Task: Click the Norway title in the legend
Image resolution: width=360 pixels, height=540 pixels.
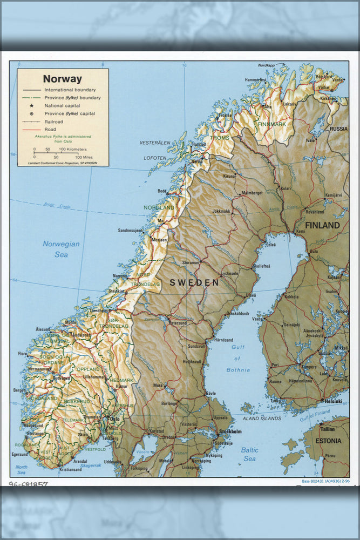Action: (x=63, y=79)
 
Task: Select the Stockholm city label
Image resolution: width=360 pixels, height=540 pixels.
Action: (x=230, y=432)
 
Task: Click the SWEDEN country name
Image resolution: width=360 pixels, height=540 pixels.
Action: (x=194, y=282)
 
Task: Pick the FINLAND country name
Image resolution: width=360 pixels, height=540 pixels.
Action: (x=322, y=225)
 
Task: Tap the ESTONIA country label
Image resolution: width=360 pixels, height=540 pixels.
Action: (x=329, y=441)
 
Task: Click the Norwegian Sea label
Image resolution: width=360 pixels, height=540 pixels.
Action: (x=61, y=249)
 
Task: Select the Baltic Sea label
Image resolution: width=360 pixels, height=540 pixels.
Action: (x=249, y=454)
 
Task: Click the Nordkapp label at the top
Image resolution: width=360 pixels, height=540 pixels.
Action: (x=267, y=65)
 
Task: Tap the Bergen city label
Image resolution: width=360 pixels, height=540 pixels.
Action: (x=19, y=389)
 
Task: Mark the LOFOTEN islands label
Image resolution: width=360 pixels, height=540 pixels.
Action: (x=154, y=158)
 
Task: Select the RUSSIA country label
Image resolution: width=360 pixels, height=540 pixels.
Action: (x=338, y=129)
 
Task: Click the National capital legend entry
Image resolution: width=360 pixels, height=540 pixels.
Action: (x=62, y=106)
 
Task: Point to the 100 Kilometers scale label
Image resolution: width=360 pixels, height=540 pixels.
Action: (x=73, y=149)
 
